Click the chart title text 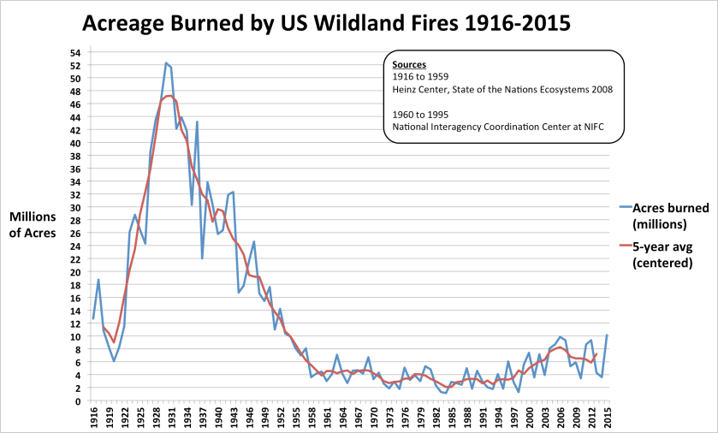(x=326, y=23)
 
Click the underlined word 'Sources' (x=409, y=64)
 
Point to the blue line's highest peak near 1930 (x=166, y=62)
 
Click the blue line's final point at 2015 (x=607, y=335)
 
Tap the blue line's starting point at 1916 (x=93, y=318)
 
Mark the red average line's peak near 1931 (x=169, y=96)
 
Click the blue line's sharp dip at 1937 (x=202, y=258)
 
